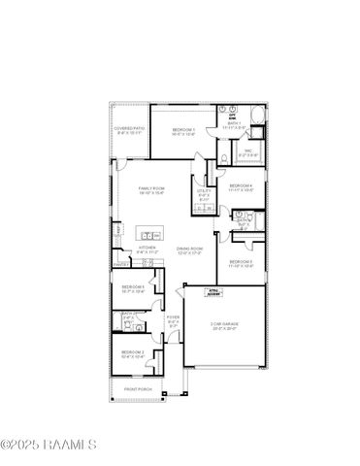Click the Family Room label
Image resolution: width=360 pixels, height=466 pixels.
click(x=150, y=189)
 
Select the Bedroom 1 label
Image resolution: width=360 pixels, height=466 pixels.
click(x=184, y=131)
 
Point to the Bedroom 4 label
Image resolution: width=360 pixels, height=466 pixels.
click(x=240, y=187)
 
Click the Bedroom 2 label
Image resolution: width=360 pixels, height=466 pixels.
click(x=133, y=354)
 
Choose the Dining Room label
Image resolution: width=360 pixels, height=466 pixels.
click(x=189, y=250)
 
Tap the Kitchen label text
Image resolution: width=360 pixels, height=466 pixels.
click(x=147, y=250)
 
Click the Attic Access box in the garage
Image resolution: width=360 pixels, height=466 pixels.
click(x=216, y=290)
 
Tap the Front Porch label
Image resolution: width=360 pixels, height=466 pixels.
click(x=138, y=389)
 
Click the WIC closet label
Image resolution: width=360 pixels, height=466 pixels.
click(x=247, y=152)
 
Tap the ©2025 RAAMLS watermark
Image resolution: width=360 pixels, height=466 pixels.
click(x=49, y=446)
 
